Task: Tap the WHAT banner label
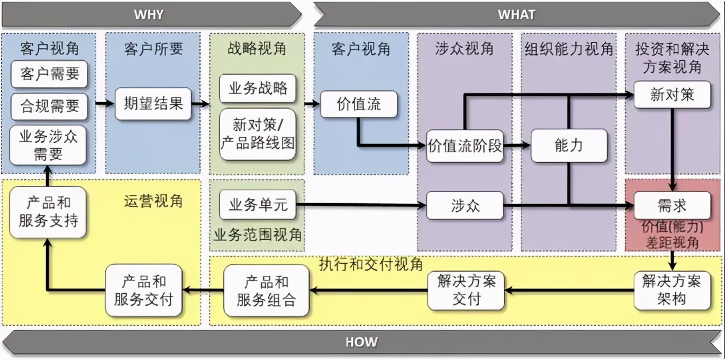(x=516, y=14)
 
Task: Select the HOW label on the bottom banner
(x=361, y=342)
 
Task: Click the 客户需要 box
(x=49, y=75)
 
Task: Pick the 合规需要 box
(x=49, y=105)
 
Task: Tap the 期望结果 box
(x=153, y=103)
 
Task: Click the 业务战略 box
(x=258, y=88)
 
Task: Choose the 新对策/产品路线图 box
(x=258, y=133)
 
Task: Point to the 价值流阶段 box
(x=465, y=146)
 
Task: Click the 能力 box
(x=569, y=146)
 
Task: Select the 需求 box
(x=672, y=205)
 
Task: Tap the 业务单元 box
(x=258, y=205)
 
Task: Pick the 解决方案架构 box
(x=672, y=290)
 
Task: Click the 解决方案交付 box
(x=466, y=290)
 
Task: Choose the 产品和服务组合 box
(x=266, y=291)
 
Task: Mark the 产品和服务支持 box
(x=48, y=212)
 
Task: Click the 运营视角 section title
(x=153, y=201)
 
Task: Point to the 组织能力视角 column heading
(x=569, y=49)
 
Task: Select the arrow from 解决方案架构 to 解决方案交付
(x=569, y=290)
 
